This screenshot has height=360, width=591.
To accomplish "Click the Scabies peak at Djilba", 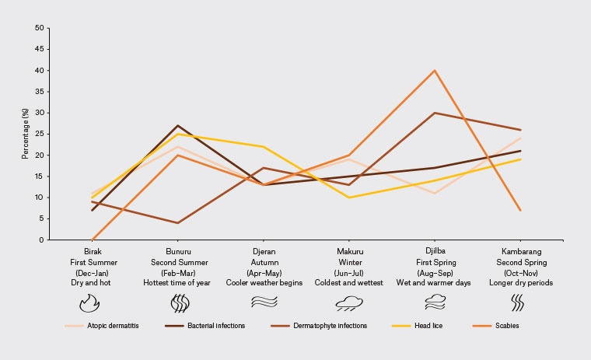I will pyautogui.click(x=435, y=71).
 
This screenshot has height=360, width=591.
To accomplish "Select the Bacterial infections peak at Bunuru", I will pyautogui.click(x=178, y=126).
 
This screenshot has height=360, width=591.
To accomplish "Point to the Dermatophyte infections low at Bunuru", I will pyautogui.click(x=178, y=223).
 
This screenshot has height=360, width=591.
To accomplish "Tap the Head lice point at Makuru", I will pyautogui.click(x=349, y=197).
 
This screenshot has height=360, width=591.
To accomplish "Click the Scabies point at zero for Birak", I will pyautogui.click(x=93, y=239).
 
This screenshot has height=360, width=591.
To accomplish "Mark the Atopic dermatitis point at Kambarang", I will pyautogui.click(x=520, y=138).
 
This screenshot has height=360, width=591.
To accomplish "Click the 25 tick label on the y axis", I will pyautogui.click(x=39, y=134).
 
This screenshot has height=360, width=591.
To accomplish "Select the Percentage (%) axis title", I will pyautogui.click(x=25, y=134).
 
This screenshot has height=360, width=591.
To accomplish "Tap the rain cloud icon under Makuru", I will pyautogui.click(x=349, y=302).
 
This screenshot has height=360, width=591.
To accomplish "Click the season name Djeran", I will pyautogui.click(x=264, y=252).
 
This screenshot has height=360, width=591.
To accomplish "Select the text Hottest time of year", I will pyautogui.click(x=178, y=282).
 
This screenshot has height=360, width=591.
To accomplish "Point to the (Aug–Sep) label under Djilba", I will pyautogui.click(x=435, y=272).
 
